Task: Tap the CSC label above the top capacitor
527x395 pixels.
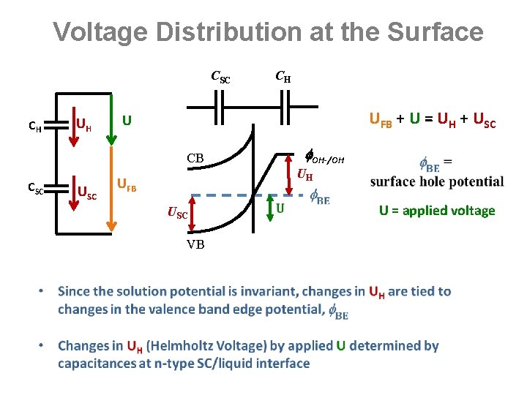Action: (220, 76)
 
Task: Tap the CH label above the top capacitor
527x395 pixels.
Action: (283, 75)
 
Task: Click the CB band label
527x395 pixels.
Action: (195, 158)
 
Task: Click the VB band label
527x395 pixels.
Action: (195, 244)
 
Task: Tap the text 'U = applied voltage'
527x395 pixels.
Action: (437, 211)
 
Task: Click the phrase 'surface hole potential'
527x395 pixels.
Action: (437, 181)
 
